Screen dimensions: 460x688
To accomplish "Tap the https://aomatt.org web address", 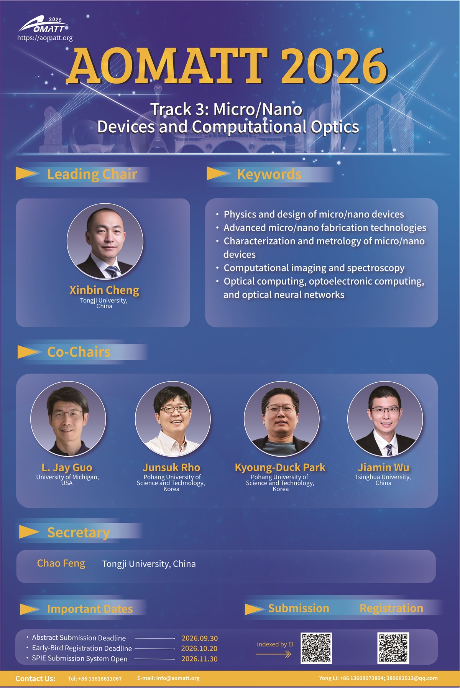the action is [x=45, y=38].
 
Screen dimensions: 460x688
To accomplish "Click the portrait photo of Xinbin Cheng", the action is [x=105, y=241].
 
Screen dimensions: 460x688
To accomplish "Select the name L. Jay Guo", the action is [x=67, y=467].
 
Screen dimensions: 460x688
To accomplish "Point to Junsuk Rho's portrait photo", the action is [x=173, y=419].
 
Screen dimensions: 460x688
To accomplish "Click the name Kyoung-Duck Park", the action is [x=280, y=467].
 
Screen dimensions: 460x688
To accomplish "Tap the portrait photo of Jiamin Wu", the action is [x=385, y=419].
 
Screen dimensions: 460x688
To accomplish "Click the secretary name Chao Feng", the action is [x=61, y=563].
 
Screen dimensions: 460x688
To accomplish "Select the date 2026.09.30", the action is [x=199, y=638].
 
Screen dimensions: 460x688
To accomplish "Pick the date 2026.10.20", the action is [x=199, y=648].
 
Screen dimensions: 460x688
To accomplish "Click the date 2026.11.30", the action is [x=199, y=659].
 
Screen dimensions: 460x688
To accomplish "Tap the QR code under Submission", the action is [x=316, y=648].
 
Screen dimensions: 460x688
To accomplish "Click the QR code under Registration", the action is [x=393, y=648].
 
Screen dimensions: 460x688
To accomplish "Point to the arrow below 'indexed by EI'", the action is [x=274, y=654].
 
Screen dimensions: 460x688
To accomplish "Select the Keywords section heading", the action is [x=269, y=174].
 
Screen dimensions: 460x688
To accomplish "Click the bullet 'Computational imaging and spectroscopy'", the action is [x=314, y=268].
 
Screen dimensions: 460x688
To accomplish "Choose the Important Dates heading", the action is [x=90, y=609].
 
